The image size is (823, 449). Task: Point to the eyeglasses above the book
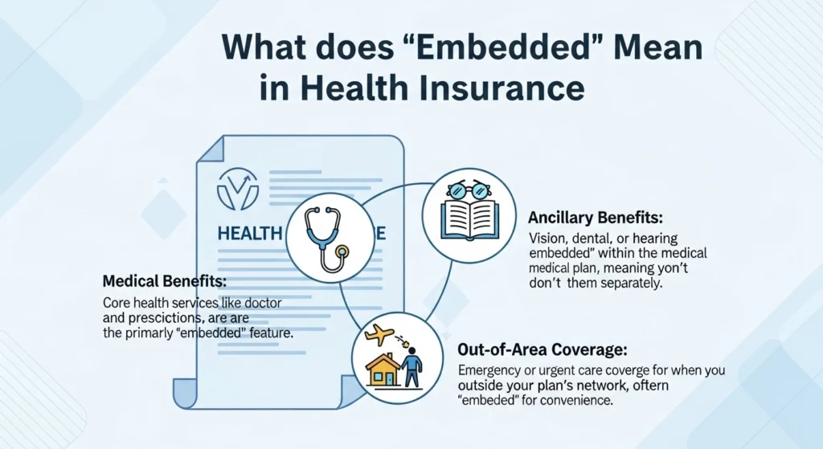(468, 191)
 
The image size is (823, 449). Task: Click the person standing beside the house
(411, 369)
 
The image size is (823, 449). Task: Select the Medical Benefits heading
(165, 282)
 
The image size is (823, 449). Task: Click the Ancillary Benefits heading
(595, 218)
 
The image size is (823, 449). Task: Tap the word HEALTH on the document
(249, 234)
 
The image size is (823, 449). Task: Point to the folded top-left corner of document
(211, 153)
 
